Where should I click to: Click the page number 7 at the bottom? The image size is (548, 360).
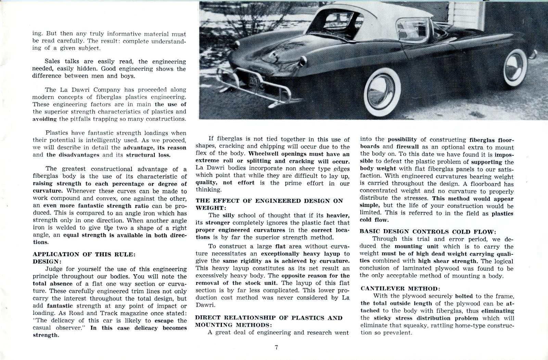coord(276,347)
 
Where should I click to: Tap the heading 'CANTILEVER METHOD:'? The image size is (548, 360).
coord(399,289)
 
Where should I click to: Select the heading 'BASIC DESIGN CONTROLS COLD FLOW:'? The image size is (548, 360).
coord(428,232)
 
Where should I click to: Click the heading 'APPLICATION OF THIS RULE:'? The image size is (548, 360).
coord(84,254)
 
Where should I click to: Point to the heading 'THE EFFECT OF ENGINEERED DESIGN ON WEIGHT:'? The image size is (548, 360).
coord(269,204)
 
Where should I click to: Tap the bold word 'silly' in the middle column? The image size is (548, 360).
coord(229,215)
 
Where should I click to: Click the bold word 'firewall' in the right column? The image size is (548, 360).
coord(407,147)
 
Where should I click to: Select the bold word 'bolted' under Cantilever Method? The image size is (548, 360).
coord(464,296)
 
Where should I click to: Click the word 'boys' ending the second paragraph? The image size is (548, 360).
coord(127,76)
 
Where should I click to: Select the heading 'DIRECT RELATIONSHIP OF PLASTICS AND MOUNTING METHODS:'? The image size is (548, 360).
coord(269,321)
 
